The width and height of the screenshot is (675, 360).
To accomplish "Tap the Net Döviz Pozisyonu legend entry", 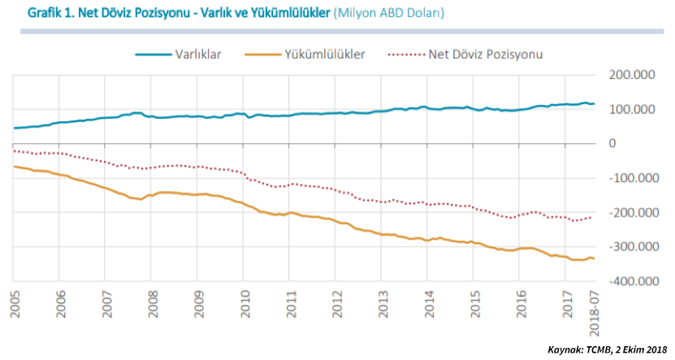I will pos(485,54).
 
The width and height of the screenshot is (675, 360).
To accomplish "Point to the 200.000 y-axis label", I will pos(631,75).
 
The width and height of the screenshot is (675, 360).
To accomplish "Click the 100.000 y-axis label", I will pos(631,110).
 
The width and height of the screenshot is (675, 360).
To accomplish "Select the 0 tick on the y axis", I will pos(612,144).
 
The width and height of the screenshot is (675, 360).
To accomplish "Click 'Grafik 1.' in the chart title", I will pos(52,15).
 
